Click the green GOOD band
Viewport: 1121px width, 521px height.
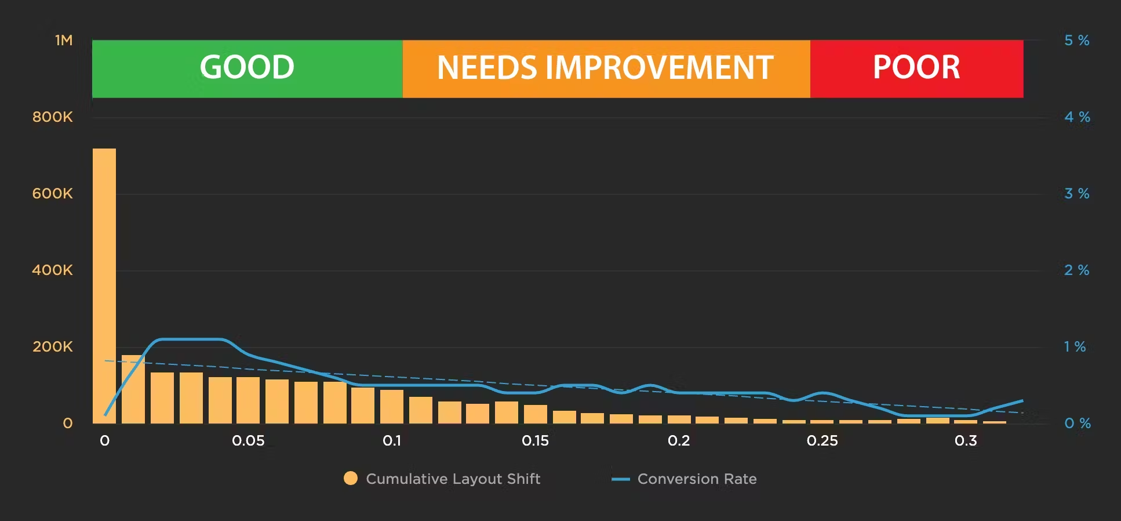pos(247,68)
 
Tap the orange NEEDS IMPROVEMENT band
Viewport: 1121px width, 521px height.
pos(606,68)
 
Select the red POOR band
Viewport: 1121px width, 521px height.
pos(916,68)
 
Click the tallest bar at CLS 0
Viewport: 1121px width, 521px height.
pos(104,284)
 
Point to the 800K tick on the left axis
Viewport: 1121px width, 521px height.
pos(53,117)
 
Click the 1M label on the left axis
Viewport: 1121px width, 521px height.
pos(64,41)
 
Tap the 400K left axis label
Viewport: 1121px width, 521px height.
pos(53,270)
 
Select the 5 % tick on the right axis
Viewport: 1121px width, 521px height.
pos(1076,41)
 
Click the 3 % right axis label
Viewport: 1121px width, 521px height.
pos(1076,194)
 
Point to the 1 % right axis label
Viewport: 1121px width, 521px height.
pos(1075,347)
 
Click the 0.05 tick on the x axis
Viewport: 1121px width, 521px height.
pos(248,441)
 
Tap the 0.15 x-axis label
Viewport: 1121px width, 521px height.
pos(535,441)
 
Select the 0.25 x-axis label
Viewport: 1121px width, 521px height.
pos(822,441)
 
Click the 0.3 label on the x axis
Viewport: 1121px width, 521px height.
pos(966,441)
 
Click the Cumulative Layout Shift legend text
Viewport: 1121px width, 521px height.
pos(453,479)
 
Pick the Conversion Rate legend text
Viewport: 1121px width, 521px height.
pos(697,479)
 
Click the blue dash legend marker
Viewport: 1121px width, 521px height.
pos(620,479)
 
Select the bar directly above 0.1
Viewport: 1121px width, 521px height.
pos(392,406)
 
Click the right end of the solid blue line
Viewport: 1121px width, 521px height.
pos(1022,401)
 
